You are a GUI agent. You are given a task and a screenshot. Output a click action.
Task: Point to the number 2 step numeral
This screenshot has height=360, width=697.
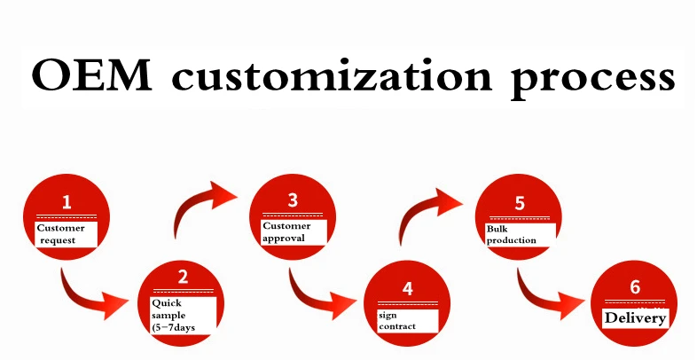tap(184, 276)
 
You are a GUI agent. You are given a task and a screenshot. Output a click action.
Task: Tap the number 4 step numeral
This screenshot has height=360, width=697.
tap(407, 288)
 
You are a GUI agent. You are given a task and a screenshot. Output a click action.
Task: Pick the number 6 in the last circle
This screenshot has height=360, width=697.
tap(635, 286)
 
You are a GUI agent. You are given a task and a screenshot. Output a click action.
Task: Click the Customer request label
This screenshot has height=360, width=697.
tap(66, 234)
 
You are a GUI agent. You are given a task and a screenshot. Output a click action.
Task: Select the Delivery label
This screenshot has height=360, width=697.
tap(635, 317)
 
